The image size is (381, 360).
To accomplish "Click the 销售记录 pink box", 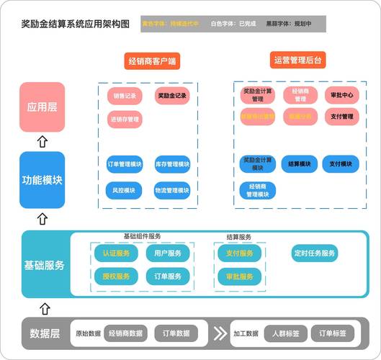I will coord(125,96).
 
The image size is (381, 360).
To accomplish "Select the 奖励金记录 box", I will coord(172,96).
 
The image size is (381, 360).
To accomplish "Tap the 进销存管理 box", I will coord(125,119).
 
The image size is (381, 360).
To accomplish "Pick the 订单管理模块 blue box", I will coord(125,165).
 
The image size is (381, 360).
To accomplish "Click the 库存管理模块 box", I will coord(172,165).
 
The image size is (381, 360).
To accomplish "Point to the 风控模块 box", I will coord(125,191).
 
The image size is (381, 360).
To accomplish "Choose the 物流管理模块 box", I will coord(172,191).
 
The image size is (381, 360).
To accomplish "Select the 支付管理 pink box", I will coord(341,116).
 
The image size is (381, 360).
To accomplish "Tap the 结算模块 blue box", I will coord(299,164).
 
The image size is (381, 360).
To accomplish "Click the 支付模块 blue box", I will coord(341,164).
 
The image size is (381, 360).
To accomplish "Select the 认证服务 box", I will coord(115,253).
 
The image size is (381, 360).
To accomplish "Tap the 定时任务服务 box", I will coord(315,253).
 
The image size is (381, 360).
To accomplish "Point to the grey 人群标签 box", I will coord(286,333).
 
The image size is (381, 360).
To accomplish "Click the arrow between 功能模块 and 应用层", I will coord(42,142).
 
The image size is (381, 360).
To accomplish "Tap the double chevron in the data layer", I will coord(219,333).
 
